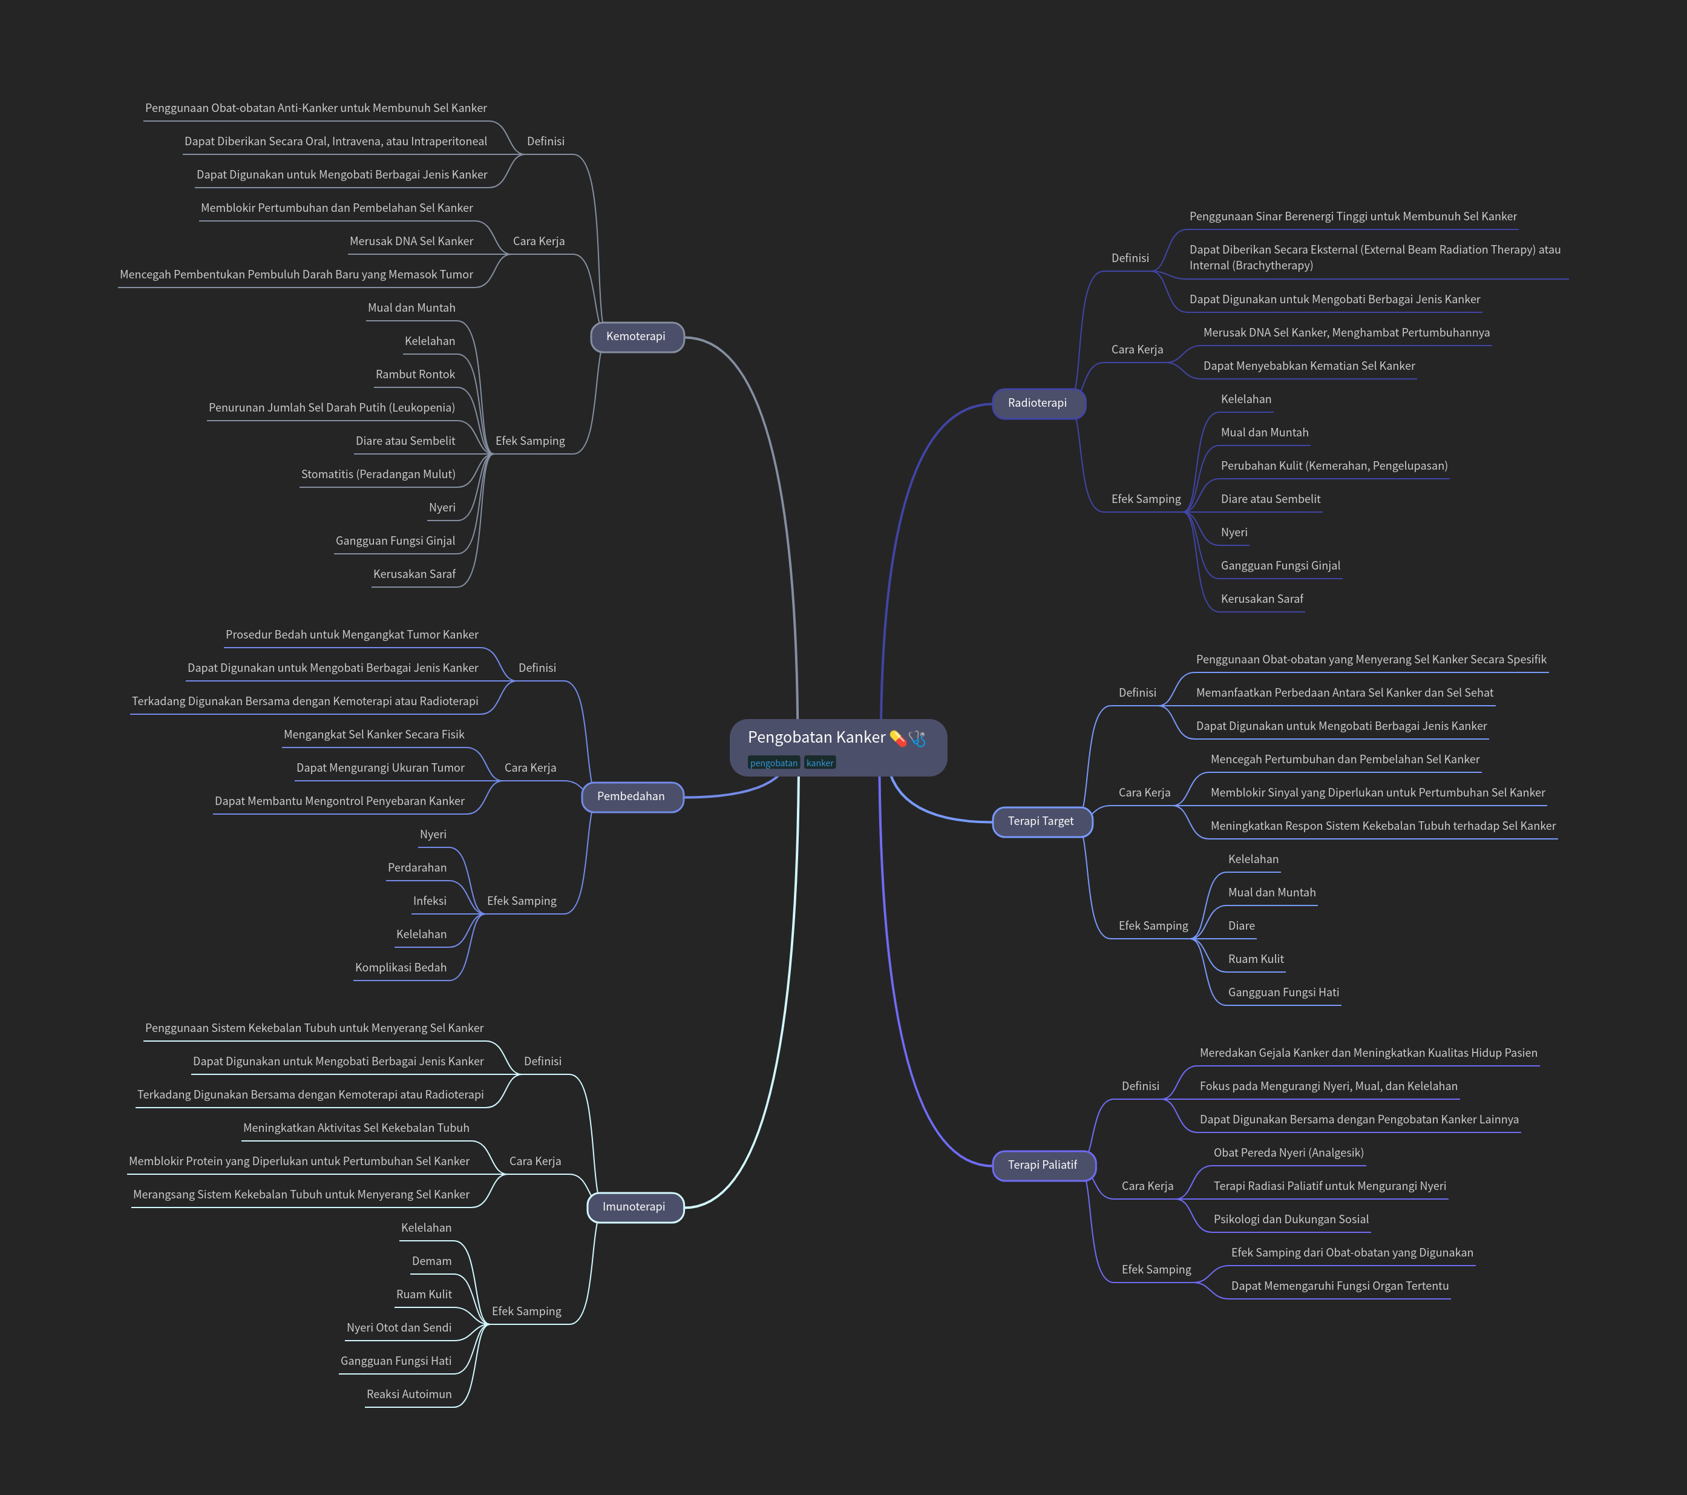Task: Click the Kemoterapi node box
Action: coord(637,337)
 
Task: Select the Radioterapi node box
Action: coord(1038,404)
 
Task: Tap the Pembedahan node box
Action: coord(632,797)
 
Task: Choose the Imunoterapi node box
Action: coord(635,1207)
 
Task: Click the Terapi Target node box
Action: coord(1041,821)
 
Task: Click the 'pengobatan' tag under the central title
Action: coord(773,763)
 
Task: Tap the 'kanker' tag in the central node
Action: coord(819,763)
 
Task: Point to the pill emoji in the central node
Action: coord(897,738)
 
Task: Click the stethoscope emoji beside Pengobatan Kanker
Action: coord(917,738)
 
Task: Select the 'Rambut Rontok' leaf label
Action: coord(415,375)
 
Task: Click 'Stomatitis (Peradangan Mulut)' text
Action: coord(378,475)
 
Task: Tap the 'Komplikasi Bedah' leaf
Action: coord(401,967)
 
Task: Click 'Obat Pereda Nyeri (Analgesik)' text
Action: coord(1288,1153)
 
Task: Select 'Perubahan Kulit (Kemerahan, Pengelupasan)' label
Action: coord(1334,467)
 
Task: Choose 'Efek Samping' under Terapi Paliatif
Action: coord(1156,1270)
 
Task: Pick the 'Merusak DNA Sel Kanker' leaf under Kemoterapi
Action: coord(411,242)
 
